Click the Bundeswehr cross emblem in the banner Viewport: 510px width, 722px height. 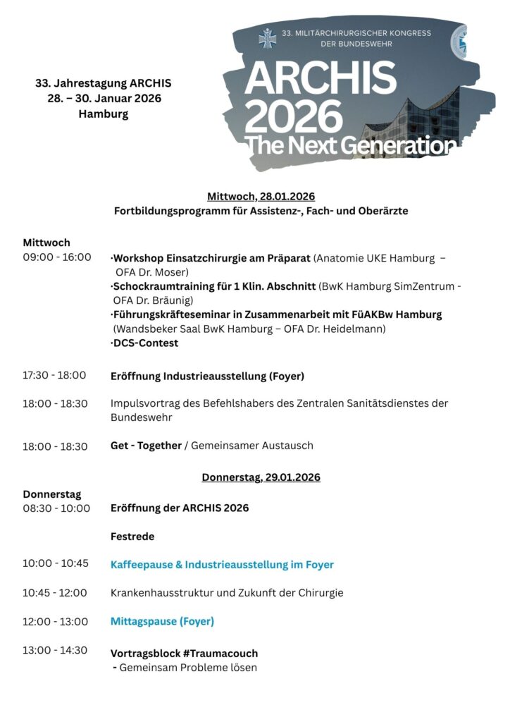(267, 38)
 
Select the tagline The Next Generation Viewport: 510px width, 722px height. (350, 145)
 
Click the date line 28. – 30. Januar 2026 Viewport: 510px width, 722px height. (104, 99)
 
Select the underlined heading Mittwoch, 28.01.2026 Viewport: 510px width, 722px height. (261, 196)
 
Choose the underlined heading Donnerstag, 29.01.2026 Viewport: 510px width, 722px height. (261, 477)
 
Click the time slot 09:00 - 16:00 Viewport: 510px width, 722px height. (56, 257)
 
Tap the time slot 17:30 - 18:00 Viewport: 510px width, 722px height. (54, 376)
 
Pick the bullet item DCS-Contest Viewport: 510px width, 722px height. (145, 343)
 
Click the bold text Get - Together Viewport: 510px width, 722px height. (146, 446)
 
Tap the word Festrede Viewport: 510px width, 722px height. (132, 537)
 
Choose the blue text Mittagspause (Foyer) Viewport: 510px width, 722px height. (162, 622)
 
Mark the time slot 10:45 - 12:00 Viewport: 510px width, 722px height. (54, 593)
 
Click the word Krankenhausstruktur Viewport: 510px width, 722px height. (163, 593)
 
